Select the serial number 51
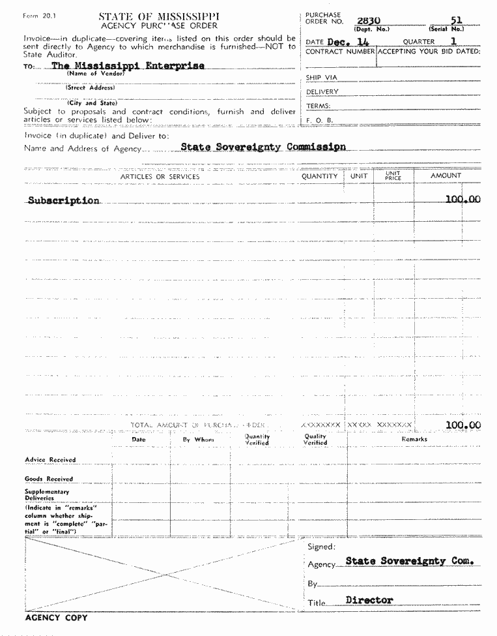click(456, 20)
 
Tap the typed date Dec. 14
click(348, 41)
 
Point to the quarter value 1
click(453, 41)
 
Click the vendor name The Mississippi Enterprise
click(128, 66)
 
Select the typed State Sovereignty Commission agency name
click(263, 147)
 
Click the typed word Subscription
click(64, 200)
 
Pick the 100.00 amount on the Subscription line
click(462, 199)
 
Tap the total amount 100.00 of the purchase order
click(462, 425)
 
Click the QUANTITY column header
click(319, 176)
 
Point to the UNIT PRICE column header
click(393, 176)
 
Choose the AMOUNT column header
click(446, 175)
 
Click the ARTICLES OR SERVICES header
click(160, 177)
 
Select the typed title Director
click(369, 599)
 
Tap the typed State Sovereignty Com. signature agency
click(409, 561)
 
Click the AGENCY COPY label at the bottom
click(56, 617)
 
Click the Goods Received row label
click(49, 479)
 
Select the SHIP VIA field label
click(322, 78)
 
